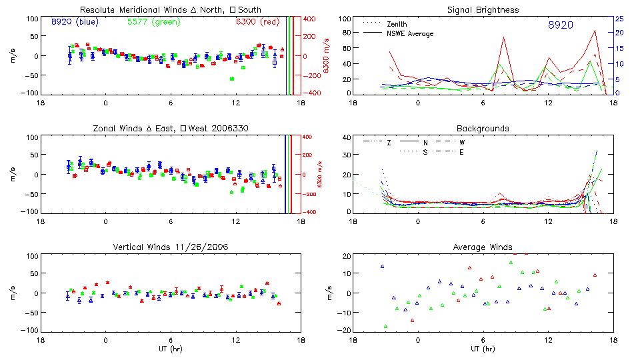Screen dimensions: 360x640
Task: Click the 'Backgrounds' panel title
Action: [483, 128]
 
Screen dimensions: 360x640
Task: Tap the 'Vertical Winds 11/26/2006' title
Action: [171, 249]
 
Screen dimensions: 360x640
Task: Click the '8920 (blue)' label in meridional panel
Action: [75, 22]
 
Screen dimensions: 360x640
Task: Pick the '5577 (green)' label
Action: [153, 22]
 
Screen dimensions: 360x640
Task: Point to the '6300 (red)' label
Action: [257, 22]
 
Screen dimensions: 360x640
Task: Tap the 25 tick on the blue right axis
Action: [619, 19]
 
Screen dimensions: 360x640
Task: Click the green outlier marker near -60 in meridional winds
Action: [232, 79]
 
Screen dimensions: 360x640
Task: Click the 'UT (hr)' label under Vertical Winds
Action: [171, 349]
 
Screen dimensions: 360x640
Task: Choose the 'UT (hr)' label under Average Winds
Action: [483, 349]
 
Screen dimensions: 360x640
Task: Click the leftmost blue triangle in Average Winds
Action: [383, 267]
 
